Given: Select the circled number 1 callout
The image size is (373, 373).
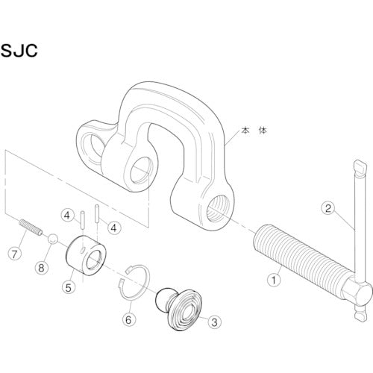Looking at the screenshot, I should [273, 281].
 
